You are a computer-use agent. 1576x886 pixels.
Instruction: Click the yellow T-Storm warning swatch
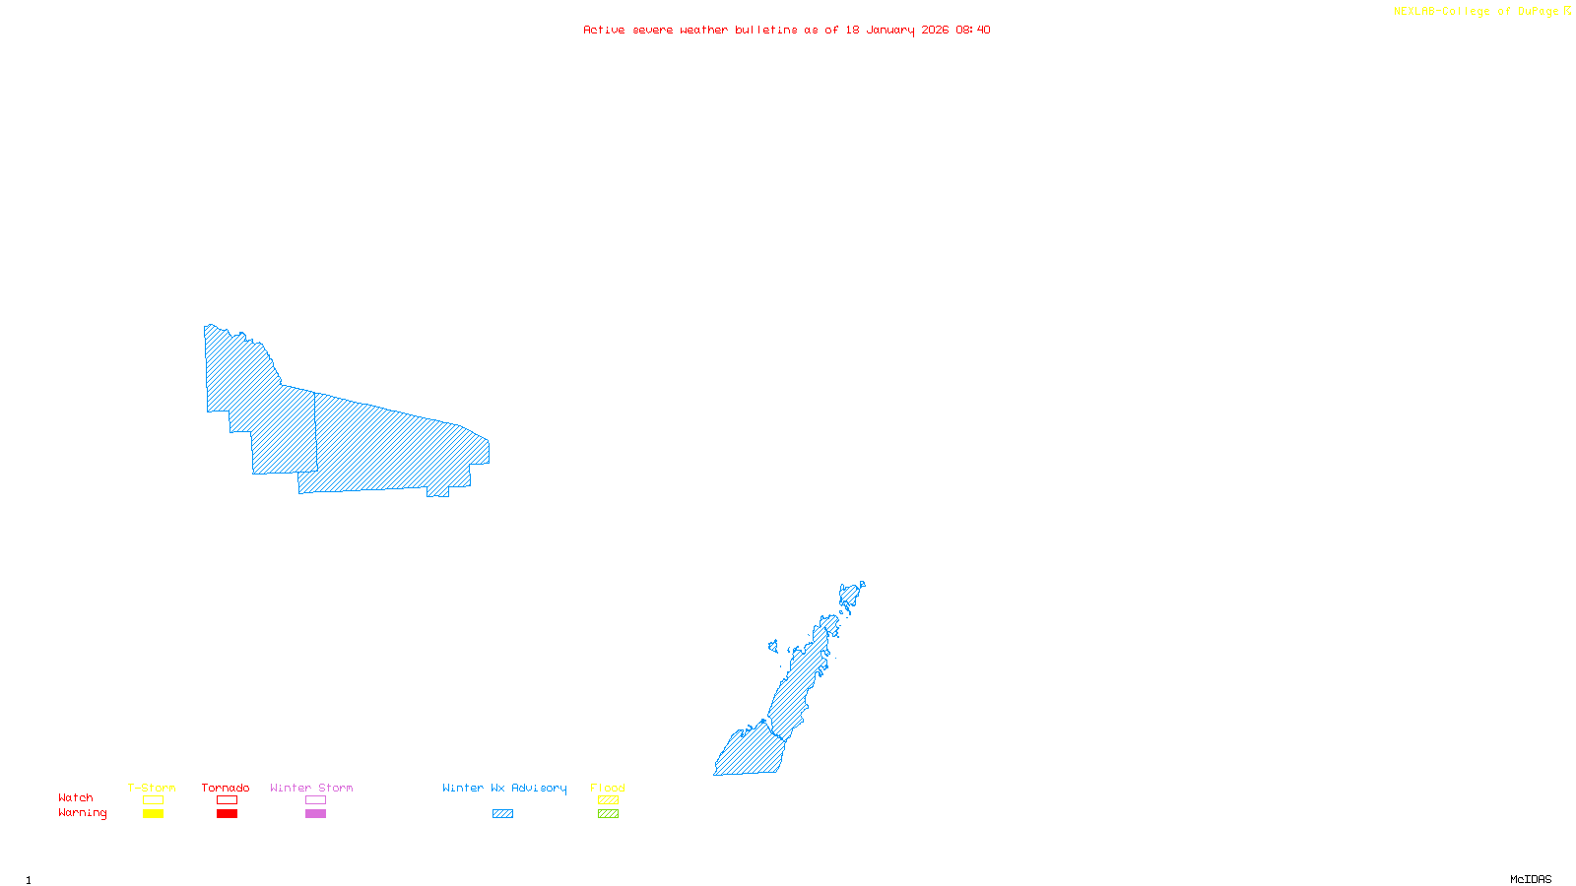153,814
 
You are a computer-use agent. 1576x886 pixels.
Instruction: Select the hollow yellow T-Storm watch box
153,800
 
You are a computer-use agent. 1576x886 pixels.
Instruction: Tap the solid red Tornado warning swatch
228,814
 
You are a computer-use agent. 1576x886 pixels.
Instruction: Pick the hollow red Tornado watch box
228,800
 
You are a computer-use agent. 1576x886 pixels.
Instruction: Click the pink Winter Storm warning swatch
315,814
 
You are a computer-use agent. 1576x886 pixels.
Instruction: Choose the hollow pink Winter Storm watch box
315,800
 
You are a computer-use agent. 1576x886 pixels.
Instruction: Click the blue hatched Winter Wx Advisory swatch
502,814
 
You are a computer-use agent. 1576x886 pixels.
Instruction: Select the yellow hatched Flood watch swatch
608,800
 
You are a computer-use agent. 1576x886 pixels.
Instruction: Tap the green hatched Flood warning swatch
608,814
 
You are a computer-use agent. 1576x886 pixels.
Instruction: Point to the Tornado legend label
226,788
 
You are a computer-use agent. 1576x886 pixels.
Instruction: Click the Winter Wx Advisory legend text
504,788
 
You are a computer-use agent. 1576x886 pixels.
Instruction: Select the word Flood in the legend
608,788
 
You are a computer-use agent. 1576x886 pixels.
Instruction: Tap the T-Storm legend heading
152,788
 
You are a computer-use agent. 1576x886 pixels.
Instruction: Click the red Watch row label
76,798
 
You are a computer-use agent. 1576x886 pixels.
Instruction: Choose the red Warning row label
82,813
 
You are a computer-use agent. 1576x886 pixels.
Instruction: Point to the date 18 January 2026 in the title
896,30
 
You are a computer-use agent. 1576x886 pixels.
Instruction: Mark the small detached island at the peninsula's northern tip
863,584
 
